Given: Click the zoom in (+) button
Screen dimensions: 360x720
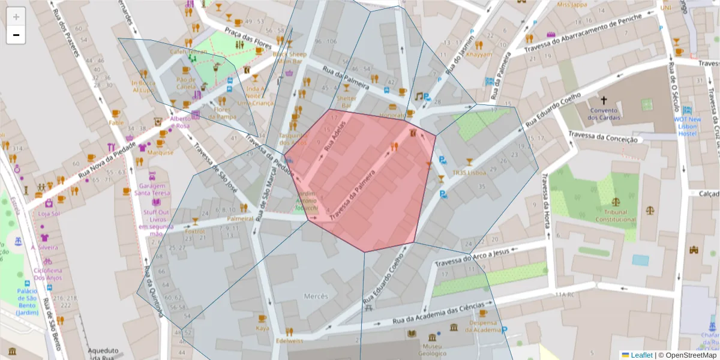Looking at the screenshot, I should point(16,17).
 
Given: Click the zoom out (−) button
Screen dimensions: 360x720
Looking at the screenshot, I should point(16,35).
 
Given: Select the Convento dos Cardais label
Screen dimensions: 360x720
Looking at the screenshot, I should point(604,114).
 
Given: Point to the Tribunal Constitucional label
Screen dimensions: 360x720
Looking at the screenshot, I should point(615,215).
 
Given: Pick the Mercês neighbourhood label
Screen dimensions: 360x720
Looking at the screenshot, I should point(316,296).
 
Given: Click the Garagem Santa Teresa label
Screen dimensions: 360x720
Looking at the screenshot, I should point(151,189).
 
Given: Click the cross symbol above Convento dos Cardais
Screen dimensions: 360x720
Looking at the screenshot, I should point(604,100).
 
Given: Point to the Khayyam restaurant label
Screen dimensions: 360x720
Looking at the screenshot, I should point(479,54).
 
